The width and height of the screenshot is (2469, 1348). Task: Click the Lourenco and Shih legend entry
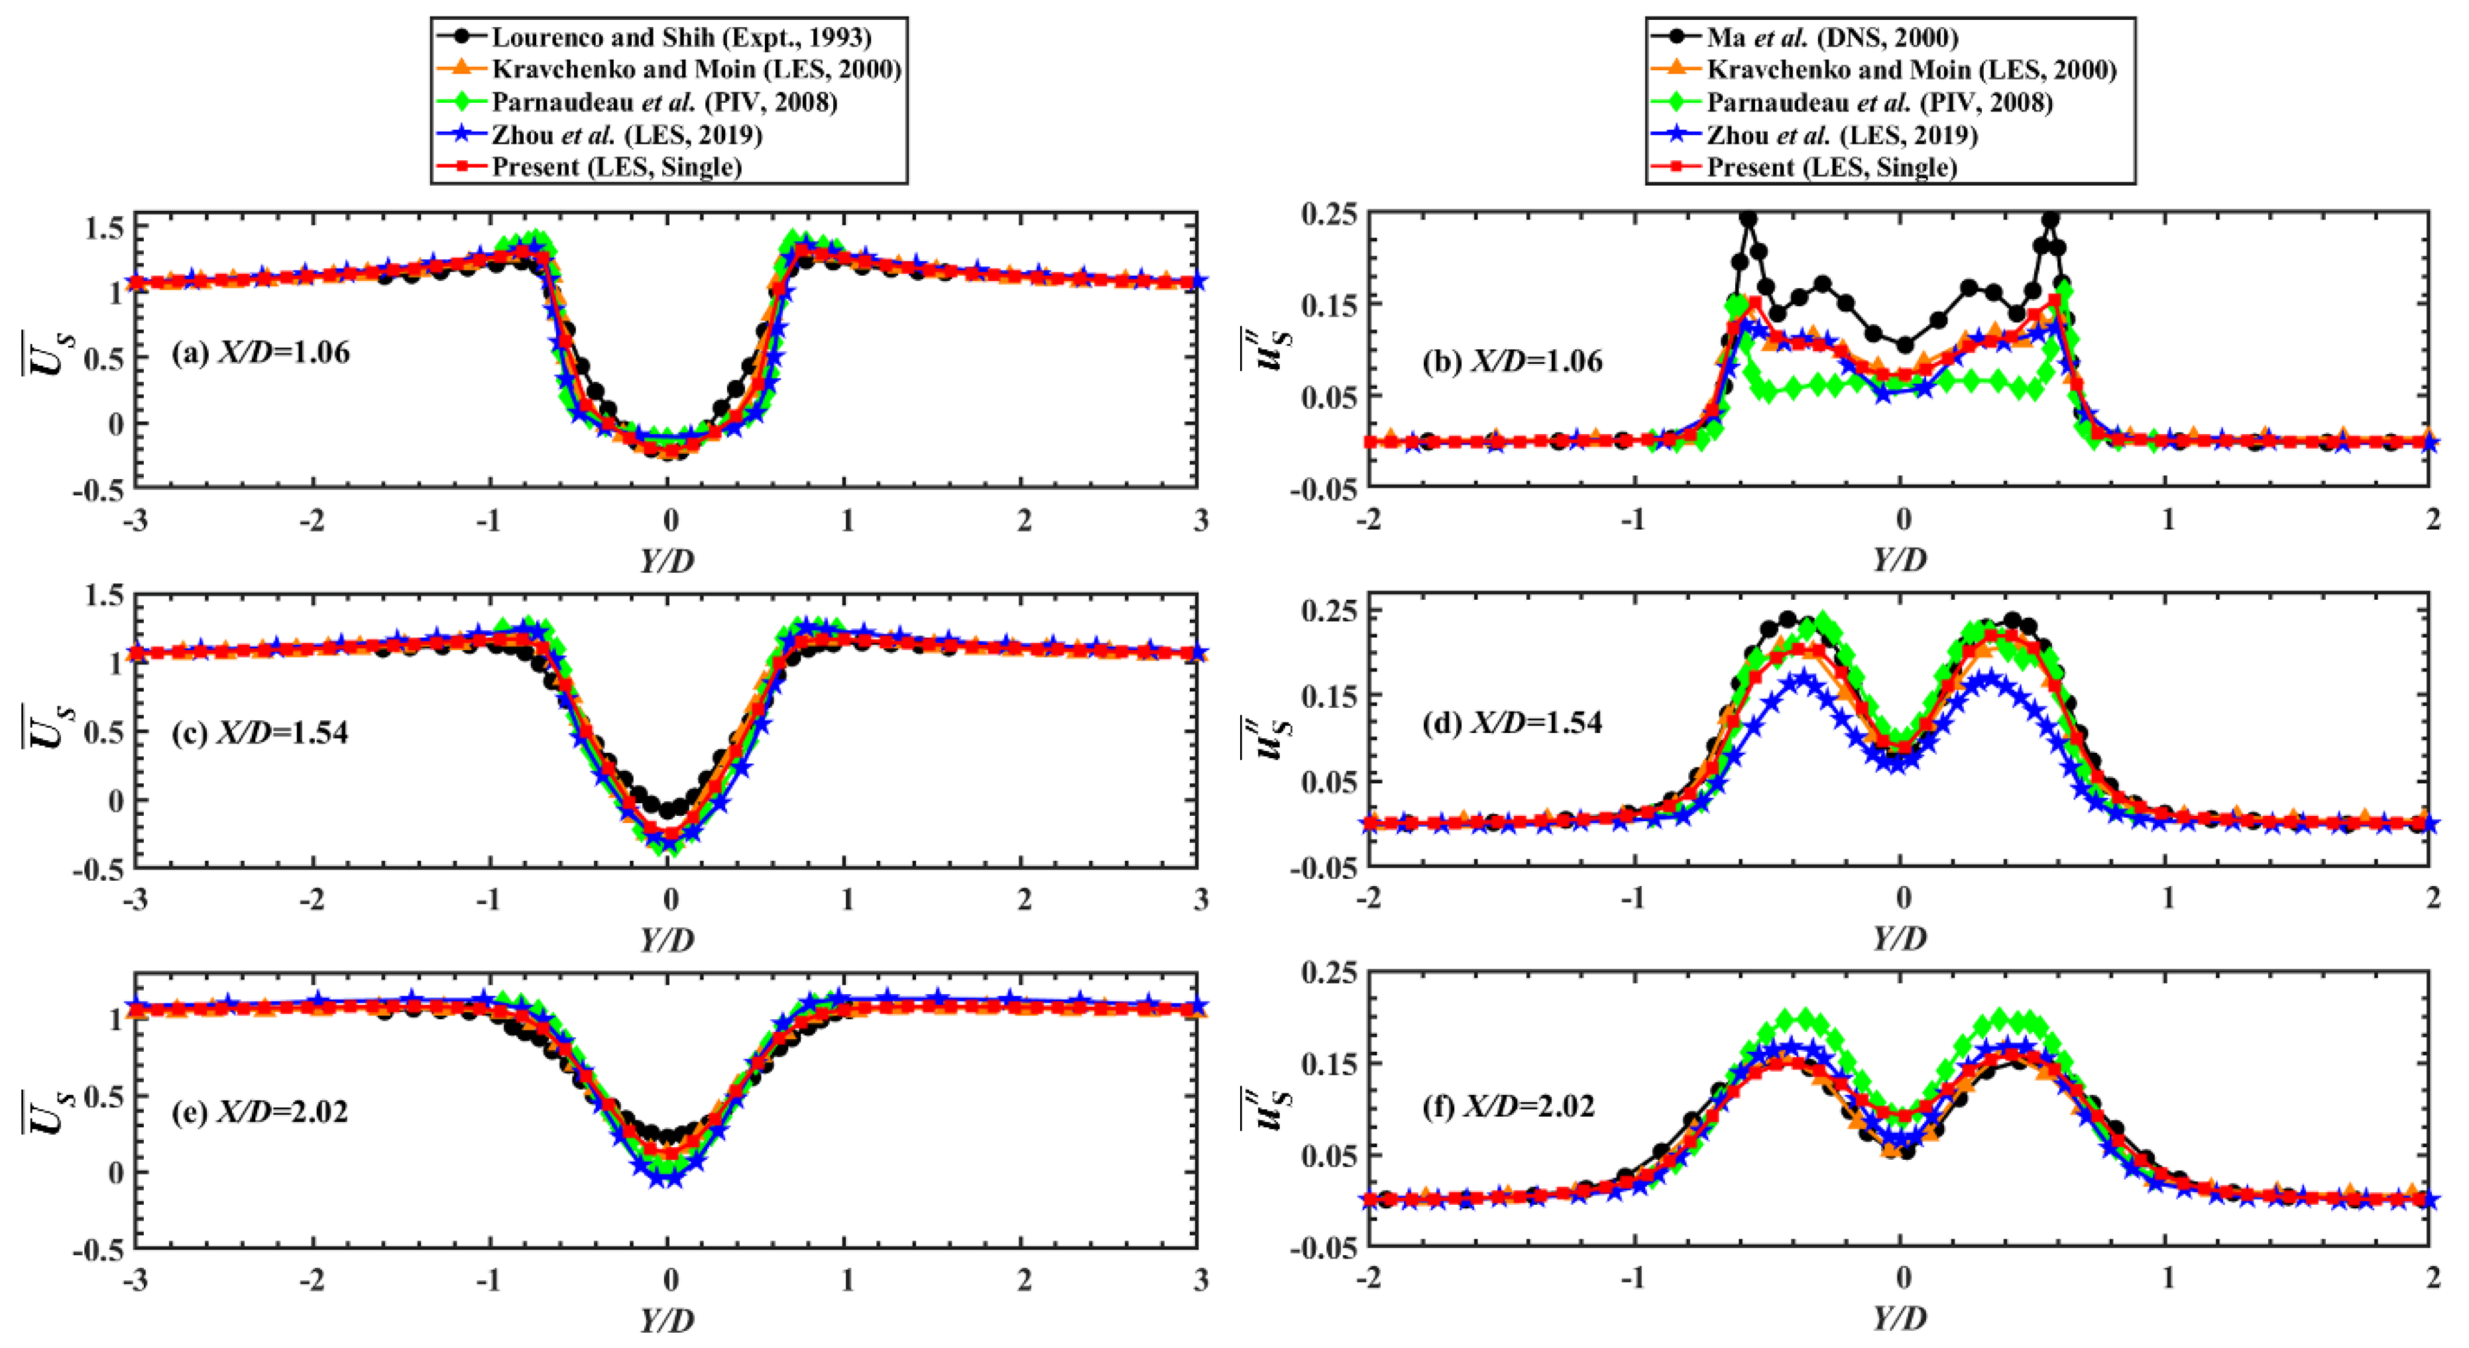pyautogui.click(x=681, y=37)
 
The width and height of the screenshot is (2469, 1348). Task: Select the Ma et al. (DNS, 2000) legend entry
pyautogui.click(x=1831, y=37)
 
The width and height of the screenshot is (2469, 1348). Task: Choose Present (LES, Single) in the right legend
pyautogui.click(x=1831, y=168)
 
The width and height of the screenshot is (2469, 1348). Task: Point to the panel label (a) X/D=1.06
pyautogui.click(x=260, y=353)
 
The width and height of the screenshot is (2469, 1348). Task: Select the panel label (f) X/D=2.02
pyautogui.click(x=1509, y=1107)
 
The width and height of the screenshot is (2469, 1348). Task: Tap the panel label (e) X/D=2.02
pyautogui.click(x=260, y=1111)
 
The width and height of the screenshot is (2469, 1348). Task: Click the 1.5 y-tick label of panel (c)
pyautogui.click(x=103, y=596)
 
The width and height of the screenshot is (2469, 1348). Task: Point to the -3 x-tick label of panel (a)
pyautogui.click(x=135, y=521)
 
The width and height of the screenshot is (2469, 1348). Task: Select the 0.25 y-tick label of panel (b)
pyautogui.click(x=1328, y=215)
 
